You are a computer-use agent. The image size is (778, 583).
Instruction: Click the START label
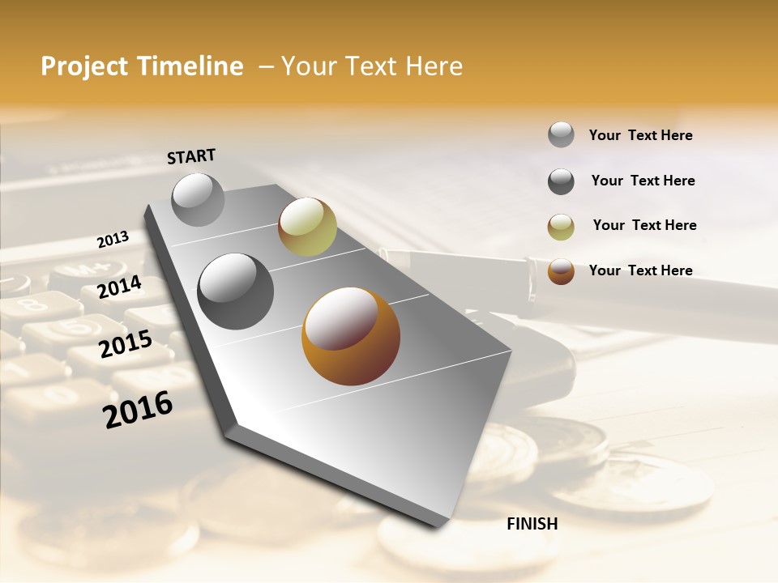[x=191, y=156]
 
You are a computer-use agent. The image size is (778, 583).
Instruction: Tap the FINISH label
[x=532, y=524]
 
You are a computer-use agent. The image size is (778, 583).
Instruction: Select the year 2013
[x=113, y=240]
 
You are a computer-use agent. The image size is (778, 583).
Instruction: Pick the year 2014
[x=119, y=287]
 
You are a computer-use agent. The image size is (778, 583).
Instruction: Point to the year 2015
[x=125, y=344]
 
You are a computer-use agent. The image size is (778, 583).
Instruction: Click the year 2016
[x=138, y=410]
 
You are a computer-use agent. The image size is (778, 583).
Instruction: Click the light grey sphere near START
[x=199, y=199]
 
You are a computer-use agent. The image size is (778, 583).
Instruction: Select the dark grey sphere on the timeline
[x=236, y=291]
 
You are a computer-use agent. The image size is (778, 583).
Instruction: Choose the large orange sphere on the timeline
[x=351, y=336]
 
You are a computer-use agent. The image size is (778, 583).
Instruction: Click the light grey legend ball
[x=561, y=135]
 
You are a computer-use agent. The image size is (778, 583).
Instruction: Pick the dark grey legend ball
[x=561, y=181]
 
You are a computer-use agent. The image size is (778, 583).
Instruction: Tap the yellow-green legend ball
[x=561, y=227]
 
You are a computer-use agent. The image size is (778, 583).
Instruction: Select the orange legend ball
[x=561, y=271]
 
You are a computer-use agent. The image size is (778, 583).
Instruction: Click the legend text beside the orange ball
[x=640, y=270]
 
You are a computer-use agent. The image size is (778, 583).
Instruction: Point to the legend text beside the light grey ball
[x=640, y=135]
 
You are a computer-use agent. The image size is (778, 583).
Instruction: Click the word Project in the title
[x=83, y=66]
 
